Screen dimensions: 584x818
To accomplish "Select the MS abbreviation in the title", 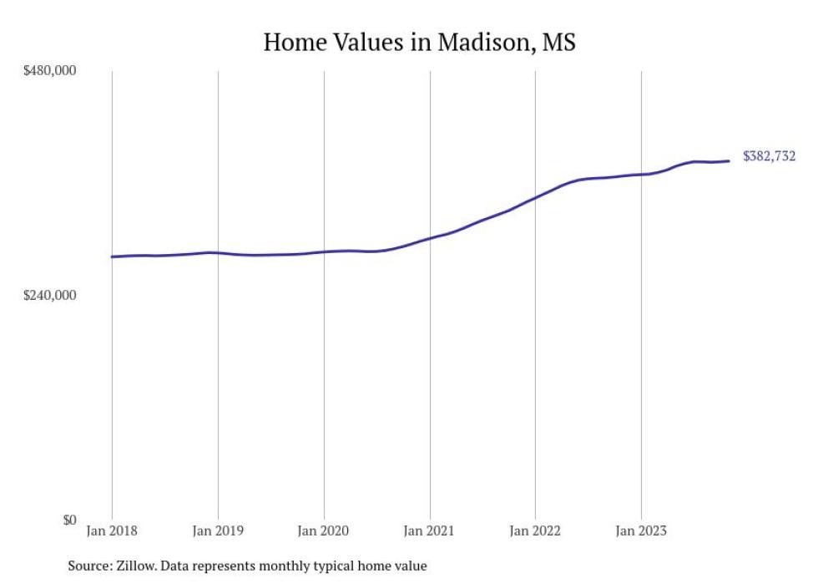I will pos(558,43).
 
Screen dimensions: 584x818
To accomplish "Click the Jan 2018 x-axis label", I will pos(112,531).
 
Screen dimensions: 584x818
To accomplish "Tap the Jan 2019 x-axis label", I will pos(218,531).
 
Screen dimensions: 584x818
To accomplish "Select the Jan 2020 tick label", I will pos(324,531).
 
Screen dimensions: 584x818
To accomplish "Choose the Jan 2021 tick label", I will pos(430,531).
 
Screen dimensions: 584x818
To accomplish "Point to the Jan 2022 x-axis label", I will pos(535,531).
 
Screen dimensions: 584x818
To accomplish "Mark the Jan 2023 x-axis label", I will pos(641,531).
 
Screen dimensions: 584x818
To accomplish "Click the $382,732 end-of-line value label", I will pos(769,156).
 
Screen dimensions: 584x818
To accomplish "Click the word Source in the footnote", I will pos(89,566).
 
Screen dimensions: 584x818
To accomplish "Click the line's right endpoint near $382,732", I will pos(730,161).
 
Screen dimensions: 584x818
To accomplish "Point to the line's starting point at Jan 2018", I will pos(112,256).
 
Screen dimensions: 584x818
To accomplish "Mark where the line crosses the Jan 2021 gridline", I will pos(430,238).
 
